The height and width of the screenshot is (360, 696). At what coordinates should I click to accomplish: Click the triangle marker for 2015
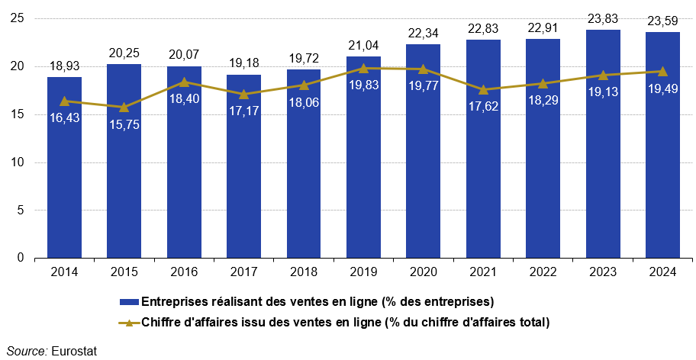[x=124, y=108]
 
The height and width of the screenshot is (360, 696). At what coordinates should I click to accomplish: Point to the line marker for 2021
[x=483, y=89]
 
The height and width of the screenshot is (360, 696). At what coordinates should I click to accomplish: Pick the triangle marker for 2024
[x=662, y=71]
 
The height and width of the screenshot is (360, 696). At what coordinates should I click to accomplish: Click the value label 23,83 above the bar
[x=603, y=17]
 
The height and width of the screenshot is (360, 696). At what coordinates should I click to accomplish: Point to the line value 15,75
[x=124, y=124]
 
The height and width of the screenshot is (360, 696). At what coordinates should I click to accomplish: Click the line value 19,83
[x=363, y=85]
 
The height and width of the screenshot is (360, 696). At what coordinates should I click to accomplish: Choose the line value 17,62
[x=483, y=106]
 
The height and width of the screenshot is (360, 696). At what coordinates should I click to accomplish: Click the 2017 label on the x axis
[x=243, y=272]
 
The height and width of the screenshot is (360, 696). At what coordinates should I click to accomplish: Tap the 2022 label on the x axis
[x=543, y=272]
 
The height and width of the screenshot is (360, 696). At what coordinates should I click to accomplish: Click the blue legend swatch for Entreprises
[x=129, y=301]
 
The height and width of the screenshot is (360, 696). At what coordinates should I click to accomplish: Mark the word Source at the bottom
[x=24, y=351]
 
